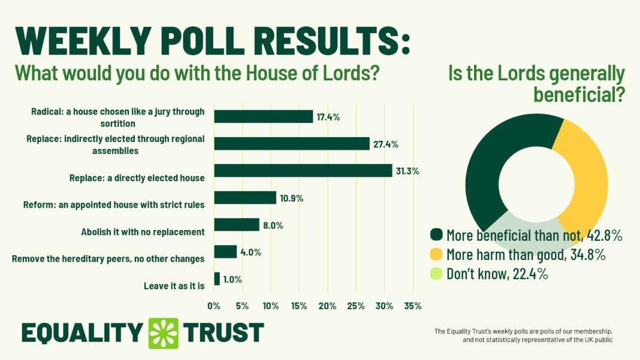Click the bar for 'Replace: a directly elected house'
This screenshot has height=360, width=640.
pyautogui.click(x=303, y=171)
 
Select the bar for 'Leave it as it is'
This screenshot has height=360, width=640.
pyautogui.click(x=217, y=279)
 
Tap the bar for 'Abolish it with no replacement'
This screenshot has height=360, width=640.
pyautogui.click(x=237, y=225)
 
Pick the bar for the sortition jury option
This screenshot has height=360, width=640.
pyautogui.click(x=264, y=116)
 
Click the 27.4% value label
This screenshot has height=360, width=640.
pyautogui.click(x=386, y=144)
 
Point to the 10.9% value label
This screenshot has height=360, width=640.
pyautogui.click(x=291, y=198)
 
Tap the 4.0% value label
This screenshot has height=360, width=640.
pyautogui.click(x=251, y=252)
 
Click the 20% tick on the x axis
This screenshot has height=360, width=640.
pyautogui.click(x=327, y=306)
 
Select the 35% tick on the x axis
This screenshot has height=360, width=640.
pyautogui.click(x=413, y=306)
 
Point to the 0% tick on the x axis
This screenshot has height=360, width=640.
pyautogui.click(x=214, y=306)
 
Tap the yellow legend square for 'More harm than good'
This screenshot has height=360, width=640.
pyautogui.click(x=436, y=254)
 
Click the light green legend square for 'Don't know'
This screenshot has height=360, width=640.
pyautogui.click(x=436, y=274)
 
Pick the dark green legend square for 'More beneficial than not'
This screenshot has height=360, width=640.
pyautogui.click(x=436, y=234)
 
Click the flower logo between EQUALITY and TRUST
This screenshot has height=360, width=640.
pyautogui.click(x=164, y=333)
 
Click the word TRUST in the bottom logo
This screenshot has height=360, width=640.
pyautogui.click(x=224, y=333)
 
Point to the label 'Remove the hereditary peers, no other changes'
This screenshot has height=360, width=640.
pyautogui.click(x=108, y=259)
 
